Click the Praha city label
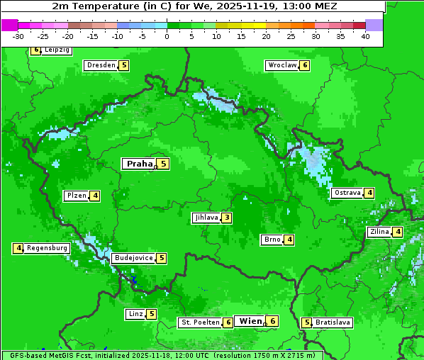(139, 164)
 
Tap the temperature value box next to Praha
(163, 164)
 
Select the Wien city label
(250, 321)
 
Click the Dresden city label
(101, 65)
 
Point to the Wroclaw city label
(281, 65)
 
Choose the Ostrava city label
(347, 193)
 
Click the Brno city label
(272, 240)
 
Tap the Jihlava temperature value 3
(226, 218)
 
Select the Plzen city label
(76, 196)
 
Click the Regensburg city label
(48, 248)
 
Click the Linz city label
(135, 314)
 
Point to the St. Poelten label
(199, 322)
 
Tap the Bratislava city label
(333, 322)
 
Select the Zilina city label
(379, 232)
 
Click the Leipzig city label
(57, 50)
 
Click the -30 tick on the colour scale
(18, 35)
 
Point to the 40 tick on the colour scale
(365, 35)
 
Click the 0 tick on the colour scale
(167, 35)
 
